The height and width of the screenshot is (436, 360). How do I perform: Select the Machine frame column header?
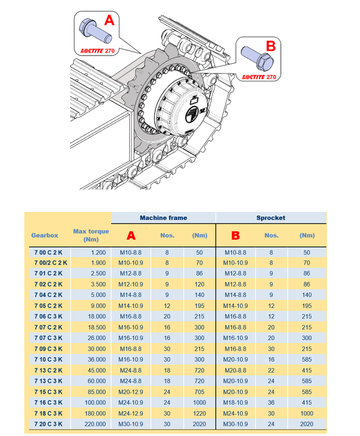pos(163,218)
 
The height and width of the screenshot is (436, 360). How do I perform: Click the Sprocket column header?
pos(271,218)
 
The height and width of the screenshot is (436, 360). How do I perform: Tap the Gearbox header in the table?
pos(45,236)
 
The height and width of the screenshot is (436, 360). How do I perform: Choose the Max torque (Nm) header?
pos(90,236)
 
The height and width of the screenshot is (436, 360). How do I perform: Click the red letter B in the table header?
pos(236,236)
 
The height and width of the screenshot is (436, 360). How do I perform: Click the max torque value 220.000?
pos(94,424)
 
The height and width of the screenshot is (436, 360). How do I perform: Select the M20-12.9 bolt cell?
pos(131,392)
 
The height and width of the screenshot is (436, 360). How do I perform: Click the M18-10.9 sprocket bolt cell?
pos(236,402)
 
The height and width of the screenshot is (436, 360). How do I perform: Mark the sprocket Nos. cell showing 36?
pos(271,402)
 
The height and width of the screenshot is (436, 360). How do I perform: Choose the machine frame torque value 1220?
pos(199,413)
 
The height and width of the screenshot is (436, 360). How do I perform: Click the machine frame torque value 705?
pos(199,392)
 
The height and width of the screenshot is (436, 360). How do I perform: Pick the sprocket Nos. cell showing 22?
pos(271,370)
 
